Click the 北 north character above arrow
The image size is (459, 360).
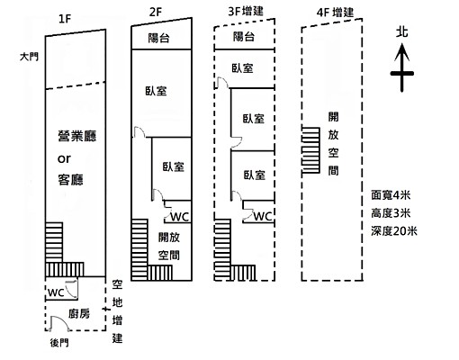click(402, 32)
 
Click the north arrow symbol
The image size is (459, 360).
click(402, 70)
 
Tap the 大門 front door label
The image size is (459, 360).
click(29, 57)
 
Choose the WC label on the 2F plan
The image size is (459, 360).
click(179, 217)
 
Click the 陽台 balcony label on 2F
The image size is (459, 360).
click(162, 39)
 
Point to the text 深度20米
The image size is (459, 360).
click(394, 230)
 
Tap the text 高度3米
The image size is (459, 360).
click(391, 212)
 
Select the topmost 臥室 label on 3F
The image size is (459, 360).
click(241, 68)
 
